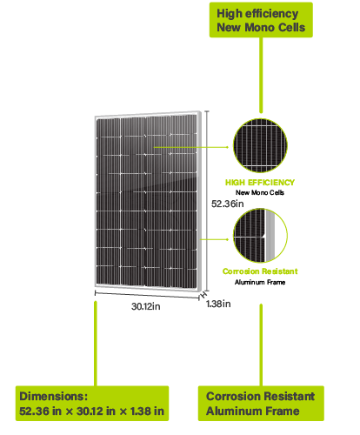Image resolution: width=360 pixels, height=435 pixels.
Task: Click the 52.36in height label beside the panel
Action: [x=227, y=204]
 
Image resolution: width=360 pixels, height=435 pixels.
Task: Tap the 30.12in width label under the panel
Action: [x=146, y=306]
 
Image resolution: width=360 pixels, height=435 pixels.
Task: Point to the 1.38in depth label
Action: [x=218, y=304]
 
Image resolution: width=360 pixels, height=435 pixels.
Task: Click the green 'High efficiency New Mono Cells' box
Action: [x=261, y=20]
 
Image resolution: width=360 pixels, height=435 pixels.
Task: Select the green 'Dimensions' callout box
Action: [x=92, y=403]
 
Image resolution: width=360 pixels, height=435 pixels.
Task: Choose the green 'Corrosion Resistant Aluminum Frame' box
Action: [x=261, y=403]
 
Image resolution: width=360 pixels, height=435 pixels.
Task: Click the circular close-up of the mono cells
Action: [x=260, y=145]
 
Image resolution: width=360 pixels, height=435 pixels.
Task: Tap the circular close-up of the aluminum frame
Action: [x=260, y=236]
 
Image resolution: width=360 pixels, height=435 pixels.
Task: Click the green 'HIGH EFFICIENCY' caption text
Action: [x=260, y=183]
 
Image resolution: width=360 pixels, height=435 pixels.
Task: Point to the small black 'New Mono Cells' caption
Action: [x=260, y=192]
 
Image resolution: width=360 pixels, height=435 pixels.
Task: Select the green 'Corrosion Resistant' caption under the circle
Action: [x=260, y=271]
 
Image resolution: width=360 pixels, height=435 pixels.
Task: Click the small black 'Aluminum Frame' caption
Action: [x=260, y=282]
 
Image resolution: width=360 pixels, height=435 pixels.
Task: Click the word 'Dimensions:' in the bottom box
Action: [x=53, y=396]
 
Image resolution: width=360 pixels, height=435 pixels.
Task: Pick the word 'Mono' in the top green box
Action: [x=259, y=28]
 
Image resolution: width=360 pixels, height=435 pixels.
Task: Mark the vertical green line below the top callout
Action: [x=261, y=75]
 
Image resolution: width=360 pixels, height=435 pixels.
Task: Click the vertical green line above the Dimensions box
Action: [x=96, y=344]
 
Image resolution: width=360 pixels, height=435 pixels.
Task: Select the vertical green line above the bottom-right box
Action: [x=261, y=345]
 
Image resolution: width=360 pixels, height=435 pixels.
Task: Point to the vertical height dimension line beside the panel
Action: [x=207, y=200]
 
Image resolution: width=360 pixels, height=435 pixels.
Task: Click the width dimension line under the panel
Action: [x=147, y=295]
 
